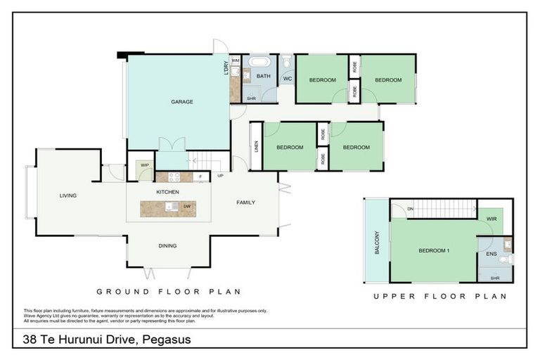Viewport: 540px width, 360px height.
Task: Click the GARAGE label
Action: tap(181, 102)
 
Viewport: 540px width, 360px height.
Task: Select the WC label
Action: tap(287, 78)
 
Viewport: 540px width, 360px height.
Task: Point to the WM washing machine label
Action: tap(236, 62)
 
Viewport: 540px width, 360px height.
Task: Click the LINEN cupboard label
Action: tap(257, 147)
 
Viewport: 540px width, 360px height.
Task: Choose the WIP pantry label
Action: tap(145, 165)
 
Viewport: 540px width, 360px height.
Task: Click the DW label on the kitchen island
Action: tap(187, 207)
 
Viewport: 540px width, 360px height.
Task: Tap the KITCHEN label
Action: tap(167, 192)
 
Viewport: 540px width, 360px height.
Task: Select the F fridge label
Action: tap(201, 176)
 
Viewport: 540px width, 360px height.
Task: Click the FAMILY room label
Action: tap(245, 202)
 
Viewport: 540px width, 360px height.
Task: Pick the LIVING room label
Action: tap(67, 195)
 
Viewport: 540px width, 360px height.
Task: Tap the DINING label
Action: tap(167, 245)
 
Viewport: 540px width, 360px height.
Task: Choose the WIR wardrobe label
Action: tap(491, 219)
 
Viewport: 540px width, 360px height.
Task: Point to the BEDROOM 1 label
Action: tap(433, 250)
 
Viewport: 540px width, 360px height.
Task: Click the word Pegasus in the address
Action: tap(167, 340)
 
